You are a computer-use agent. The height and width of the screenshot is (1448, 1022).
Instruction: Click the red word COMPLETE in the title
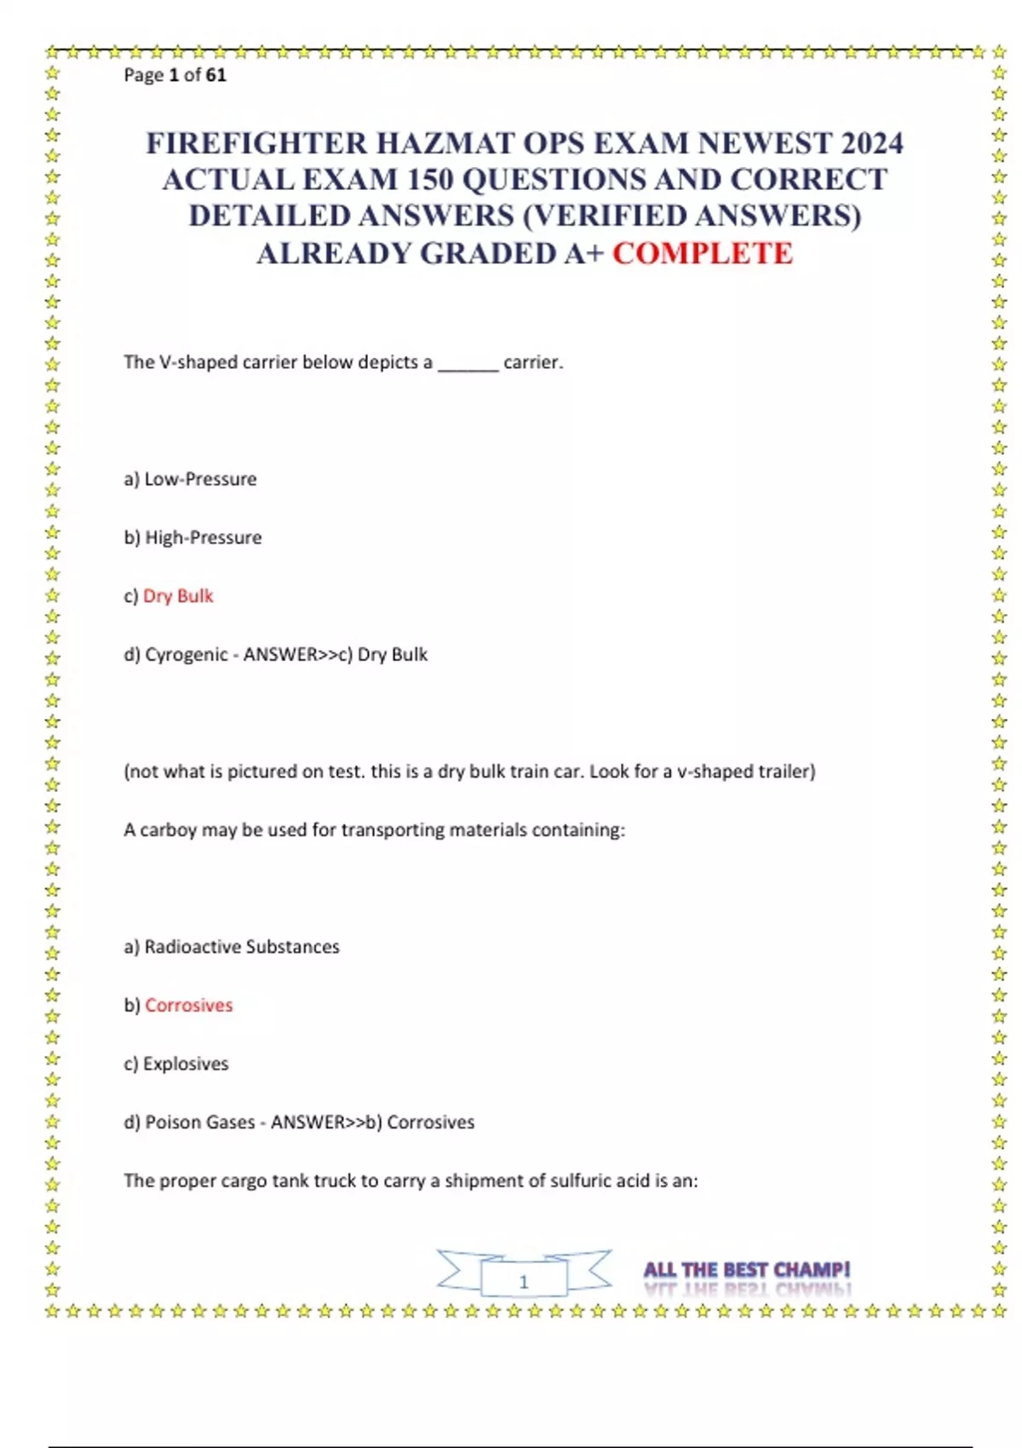(703, 254)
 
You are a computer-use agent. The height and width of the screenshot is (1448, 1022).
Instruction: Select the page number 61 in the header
(216, 75)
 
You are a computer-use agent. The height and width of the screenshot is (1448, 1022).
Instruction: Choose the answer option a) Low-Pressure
(190, 479)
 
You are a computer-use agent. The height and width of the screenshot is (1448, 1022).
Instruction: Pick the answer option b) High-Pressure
(192, 537)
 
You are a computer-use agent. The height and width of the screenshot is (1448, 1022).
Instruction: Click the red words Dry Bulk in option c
(178, 596)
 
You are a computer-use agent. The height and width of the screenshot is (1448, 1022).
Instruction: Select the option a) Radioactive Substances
(232, 947)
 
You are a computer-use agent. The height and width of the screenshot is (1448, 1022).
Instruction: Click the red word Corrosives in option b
(189, 1005)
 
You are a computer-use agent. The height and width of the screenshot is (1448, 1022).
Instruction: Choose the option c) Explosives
(176, 1064)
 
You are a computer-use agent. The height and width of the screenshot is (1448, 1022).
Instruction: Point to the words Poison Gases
(200, 1123)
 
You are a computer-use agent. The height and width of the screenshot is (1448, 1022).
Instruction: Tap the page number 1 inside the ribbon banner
(524, 1281)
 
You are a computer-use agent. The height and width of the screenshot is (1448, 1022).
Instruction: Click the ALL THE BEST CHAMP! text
(747, 1270)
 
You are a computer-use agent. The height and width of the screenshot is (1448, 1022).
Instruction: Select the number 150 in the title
(429, 180)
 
